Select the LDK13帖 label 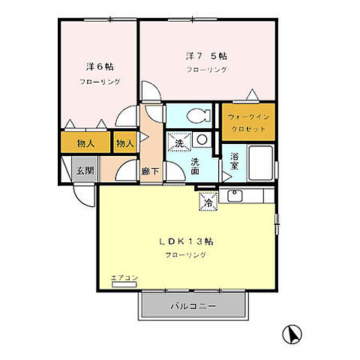point(186,241)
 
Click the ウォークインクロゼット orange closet point(247,122)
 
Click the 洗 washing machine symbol point(178,142)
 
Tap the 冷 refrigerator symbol point(207,201)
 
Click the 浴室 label point(235,161)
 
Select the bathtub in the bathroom point(260,160)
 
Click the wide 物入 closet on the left point(84,142)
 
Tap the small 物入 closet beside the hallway point(124,142)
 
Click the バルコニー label point(192,306)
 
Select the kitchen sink point(235,196)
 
